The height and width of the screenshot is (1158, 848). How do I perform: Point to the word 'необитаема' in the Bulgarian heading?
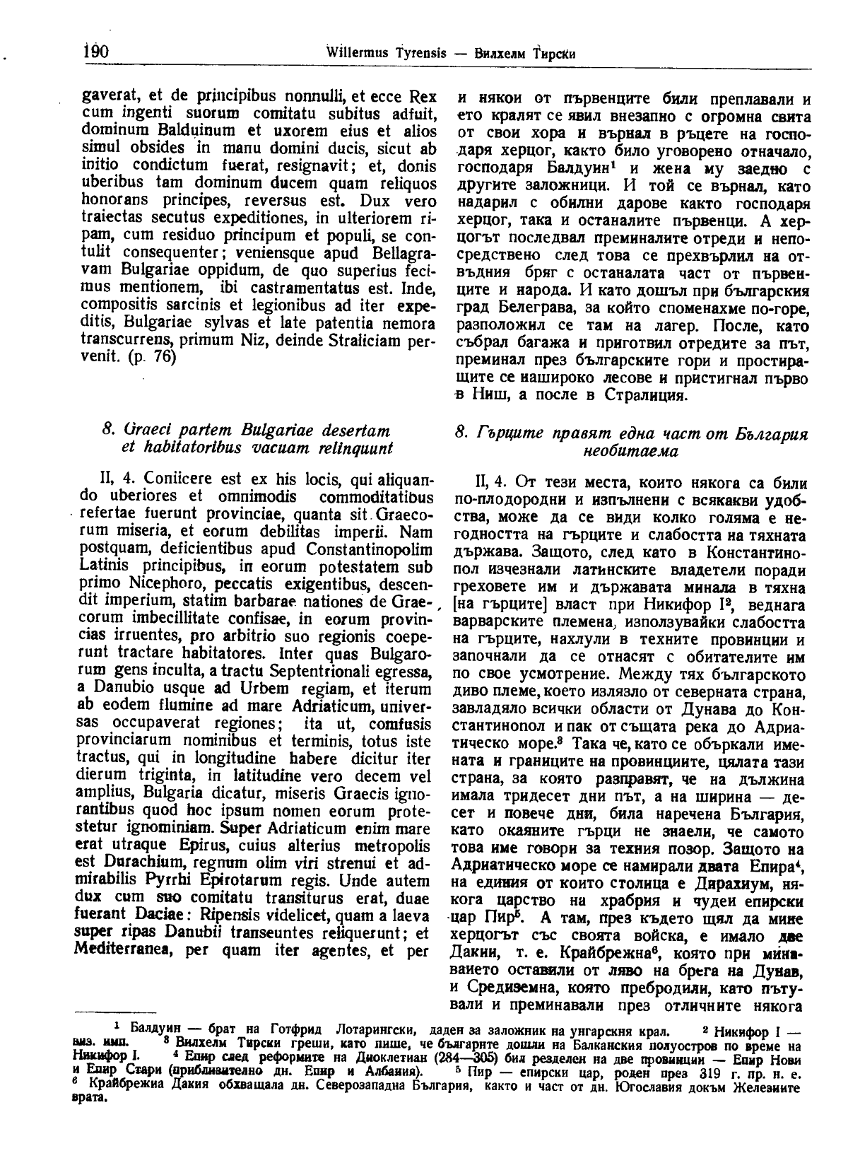pos(631,450)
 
